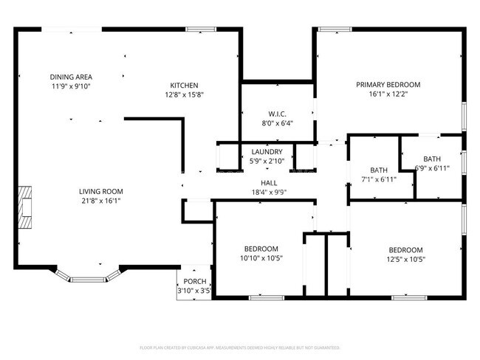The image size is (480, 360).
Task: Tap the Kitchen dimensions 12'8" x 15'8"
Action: tap(184, 94)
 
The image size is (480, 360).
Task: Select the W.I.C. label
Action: tap(277, 114)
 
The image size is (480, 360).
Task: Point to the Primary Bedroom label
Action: tap(388, 85)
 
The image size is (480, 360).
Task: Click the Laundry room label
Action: tap(267, 152)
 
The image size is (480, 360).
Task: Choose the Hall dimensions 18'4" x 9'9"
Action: tap(268, 192)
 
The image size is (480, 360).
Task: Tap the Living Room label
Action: tap(100, 191)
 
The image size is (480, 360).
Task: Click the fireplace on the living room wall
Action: tap(27, 207)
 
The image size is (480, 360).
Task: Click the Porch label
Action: tap(195, 282)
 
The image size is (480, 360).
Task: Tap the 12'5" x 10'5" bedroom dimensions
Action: tap(406, 259)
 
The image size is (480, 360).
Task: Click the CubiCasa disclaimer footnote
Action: tap(240, 347)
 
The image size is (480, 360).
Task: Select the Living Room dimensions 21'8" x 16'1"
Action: tap(100, 201)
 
